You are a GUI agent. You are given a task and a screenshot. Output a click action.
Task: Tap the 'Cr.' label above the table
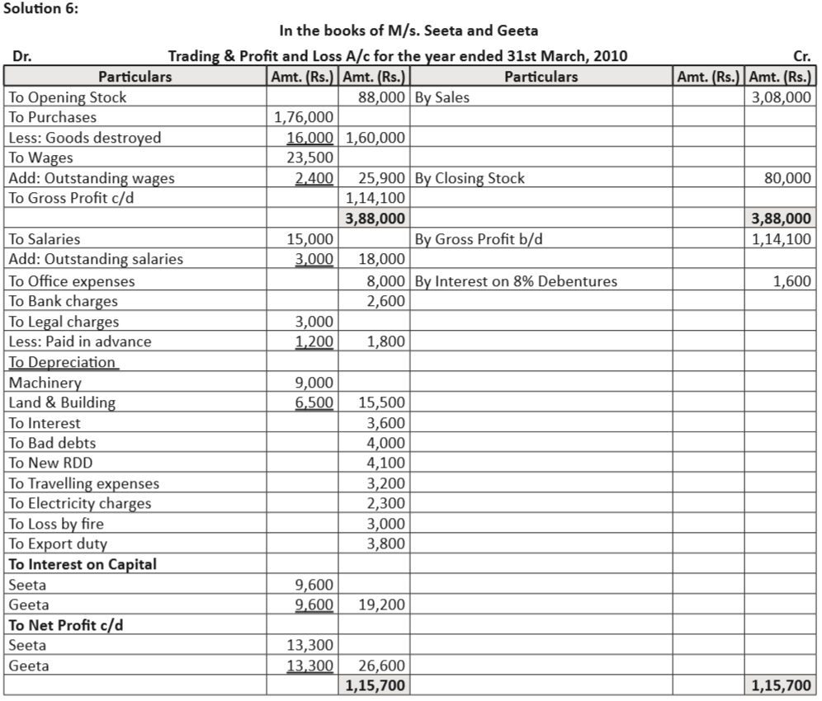(x=801, y=57)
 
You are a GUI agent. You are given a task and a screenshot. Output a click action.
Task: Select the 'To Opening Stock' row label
(x=68, y=97)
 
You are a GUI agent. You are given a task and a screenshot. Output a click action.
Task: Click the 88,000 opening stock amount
(x=381, y=97)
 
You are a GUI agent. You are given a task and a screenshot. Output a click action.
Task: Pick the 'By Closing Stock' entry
(x=469, y=178)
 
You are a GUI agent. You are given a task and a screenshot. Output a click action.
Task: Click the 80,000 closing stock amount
(x=788, y=178)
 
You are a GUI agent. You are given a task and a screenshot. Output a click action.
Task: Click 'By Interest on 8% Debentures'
(x=516, y=281)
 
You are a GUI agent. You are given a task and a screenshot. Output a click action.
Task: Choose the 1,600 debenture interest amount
(x=792, y=281)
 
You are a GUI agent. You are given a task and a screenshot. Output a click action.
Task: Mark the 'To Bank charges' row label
(x=63, y=301)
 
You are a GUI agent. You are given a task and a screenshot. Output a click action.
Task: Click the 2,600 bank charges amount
(x=386, y=301)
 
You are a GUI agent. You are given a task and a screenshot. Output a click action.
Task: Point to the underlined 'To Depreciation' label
(x=63, y=362)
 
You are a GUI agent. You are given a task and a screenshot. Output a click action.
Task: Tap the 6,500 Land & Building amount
(x=314, y=402)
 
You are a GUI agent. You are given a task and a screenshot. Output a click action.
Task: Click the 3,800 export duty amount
(x=386, y=543)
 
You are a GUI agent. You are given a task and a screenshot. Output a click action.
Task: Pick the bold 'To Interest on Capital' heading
(x=83, y=564)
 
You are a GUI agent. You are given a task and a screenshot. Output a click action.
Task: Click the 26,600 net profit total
(x=382, y=666)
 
